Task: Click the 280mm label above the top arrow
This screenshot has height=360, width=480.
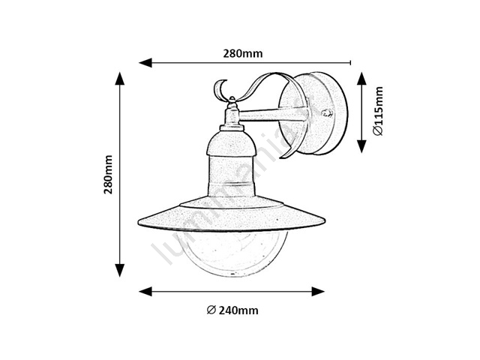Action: tap(242, 53)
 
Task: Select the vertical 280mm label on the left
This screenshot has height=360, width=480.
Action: tap(108, 175)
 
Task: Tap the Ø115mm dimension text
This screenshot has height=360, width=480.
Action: tap(378, 111)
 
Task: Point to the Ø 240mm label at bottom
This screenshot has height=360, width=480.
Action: tap(232, 310)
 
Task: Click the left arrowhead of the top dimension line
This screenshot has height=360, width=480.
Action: tap(145, 63)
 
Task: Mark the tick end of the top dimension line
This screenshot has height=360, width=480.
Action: tap(350, 63)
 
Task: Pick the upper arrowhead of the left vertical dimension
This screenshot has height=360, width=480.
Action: tap(120, 78)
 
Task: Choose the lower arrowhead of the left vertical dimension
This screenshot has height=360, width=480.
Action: tap(120, 270)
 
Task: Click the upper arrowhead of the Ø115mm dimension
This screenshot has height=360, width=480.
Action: tap(361, 79)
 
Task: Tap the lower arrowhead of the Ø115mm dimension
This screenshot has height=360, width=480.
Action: tap(361, 146)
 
